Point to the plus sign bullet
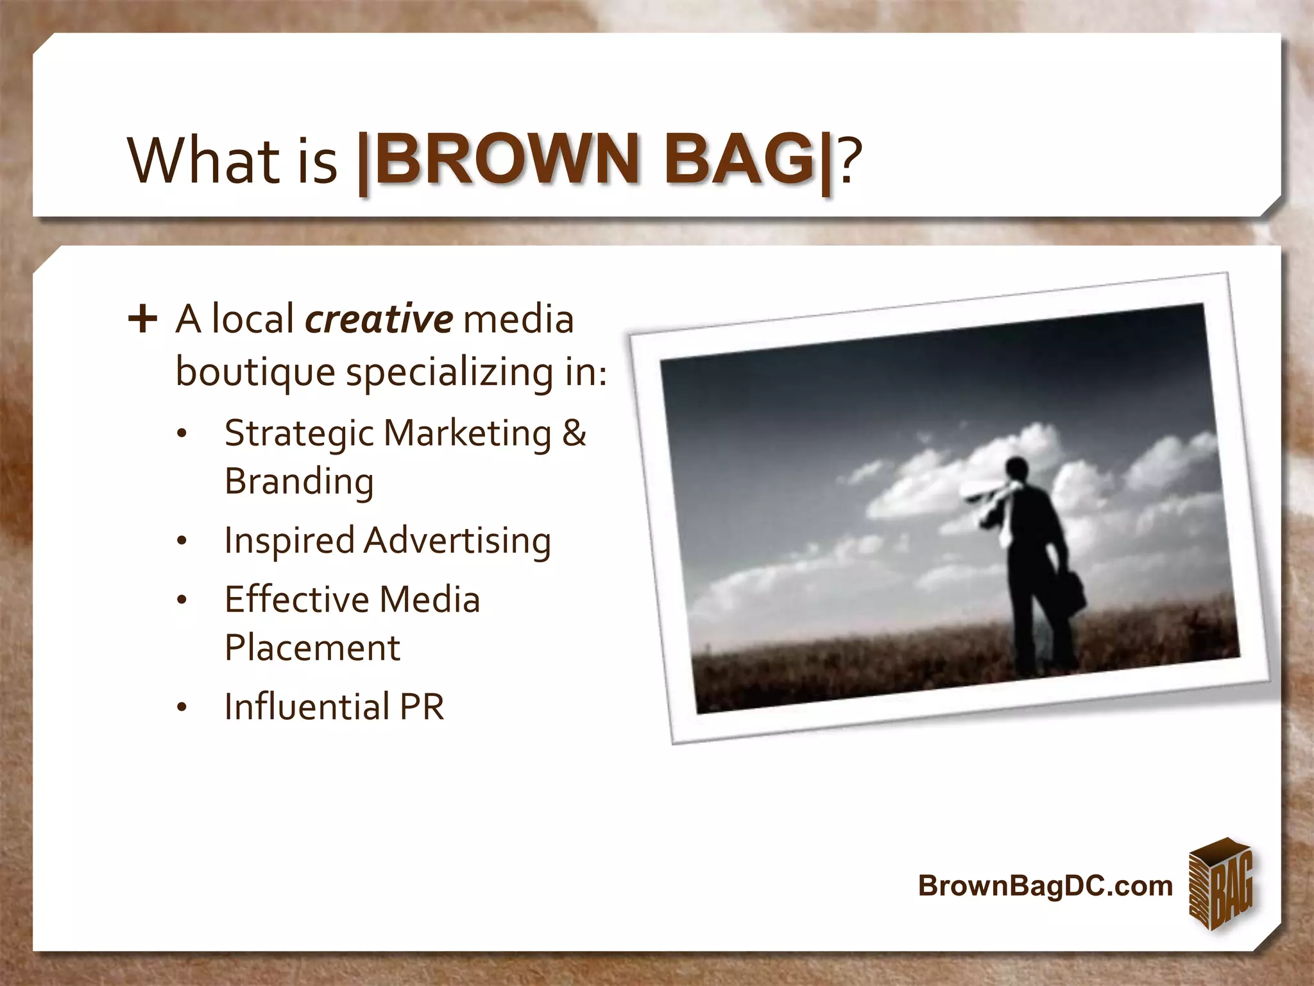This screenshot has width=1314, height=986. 142,319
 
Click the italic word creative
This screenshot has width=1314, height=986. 379,319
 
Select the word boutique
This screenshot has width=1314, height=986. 255,372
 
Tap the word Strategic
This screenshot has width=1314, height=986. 299,434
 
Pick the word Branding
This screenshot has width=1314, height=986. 299,481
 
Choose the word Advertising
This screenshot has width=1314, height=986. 457,541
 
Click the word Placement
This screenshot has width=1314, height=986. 312,647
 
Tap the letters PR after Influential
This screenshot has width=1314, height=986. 421,707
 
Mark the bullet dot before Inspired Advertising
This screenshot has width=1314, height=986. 182,542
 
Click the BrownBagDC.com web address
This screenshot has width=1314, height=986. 1045,885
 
